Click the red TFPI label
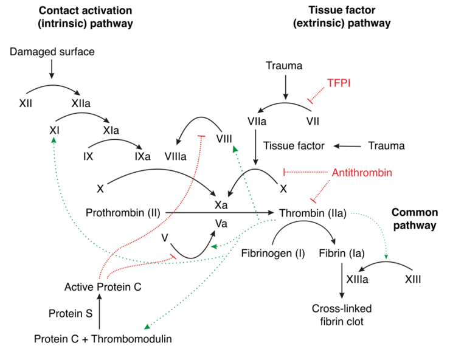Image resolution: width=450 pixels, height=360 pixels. pyautogui.click(x=339, y=83)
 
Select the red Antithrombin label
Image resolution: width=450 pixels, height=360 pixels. pyautogui.click(x=362, y=173)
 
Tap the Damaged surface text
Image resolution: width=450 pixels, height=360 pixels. pyautogui.click(x=52, y=52)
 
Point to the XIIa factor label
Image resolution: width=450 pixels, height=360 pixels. pyautogui.click(x=81, y=103)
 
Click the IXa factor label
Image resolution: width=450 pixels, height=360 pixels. pyautogui.click(x=143, y=156)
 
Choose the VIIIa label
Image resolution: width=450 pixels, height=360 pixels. pyautogui.click(x=175, y=156)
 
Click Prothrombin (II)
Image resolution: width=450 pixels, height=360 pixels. pyautogui.click(x=123, y=213)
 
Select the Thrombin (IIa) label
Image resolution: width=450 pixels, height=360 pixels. pyautogui.click(x=313, y=213)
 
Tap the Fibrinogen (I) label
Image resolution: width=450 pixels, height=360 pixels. pyautogui.click(x=273, y=253)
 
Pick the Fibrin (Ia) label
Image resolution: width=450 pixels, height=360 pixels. pyautogui.click(x=342, y=253)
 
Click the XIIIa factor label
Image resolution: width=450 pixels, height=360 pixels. pyautogui.click(x=357, y=279)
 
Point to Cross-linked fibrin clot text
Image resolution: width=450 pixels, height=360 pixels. pyautogui.click(x=342, y=315)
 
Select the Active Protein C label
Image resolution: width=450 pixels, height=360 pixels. pyautogui.click(x=103, y=287)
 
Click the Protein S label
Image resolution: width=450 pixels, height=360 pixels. pyautogui.click(x=71, y=314)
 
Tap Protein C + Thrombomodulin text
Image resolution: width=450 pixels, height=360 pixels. pyautogui.click(x=103, y=339)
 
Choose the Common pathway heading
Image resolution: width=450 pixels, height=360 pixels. pyautogui.click(x=415, y=219)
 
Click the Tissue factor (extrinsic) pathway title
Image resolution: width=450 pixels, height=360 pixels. pyautogui.click(x=342, y=16)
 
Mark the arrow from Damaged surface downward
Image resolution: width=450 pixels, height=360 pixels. pyautogui.click(x=52, y=69)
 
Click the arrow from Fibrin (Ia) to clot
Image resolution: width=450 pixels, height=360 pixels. pyautogui.click(x=342, y=280)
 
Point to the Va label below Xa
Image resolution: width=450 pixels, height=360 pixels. pyautogui.click(x=221, y=223)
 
